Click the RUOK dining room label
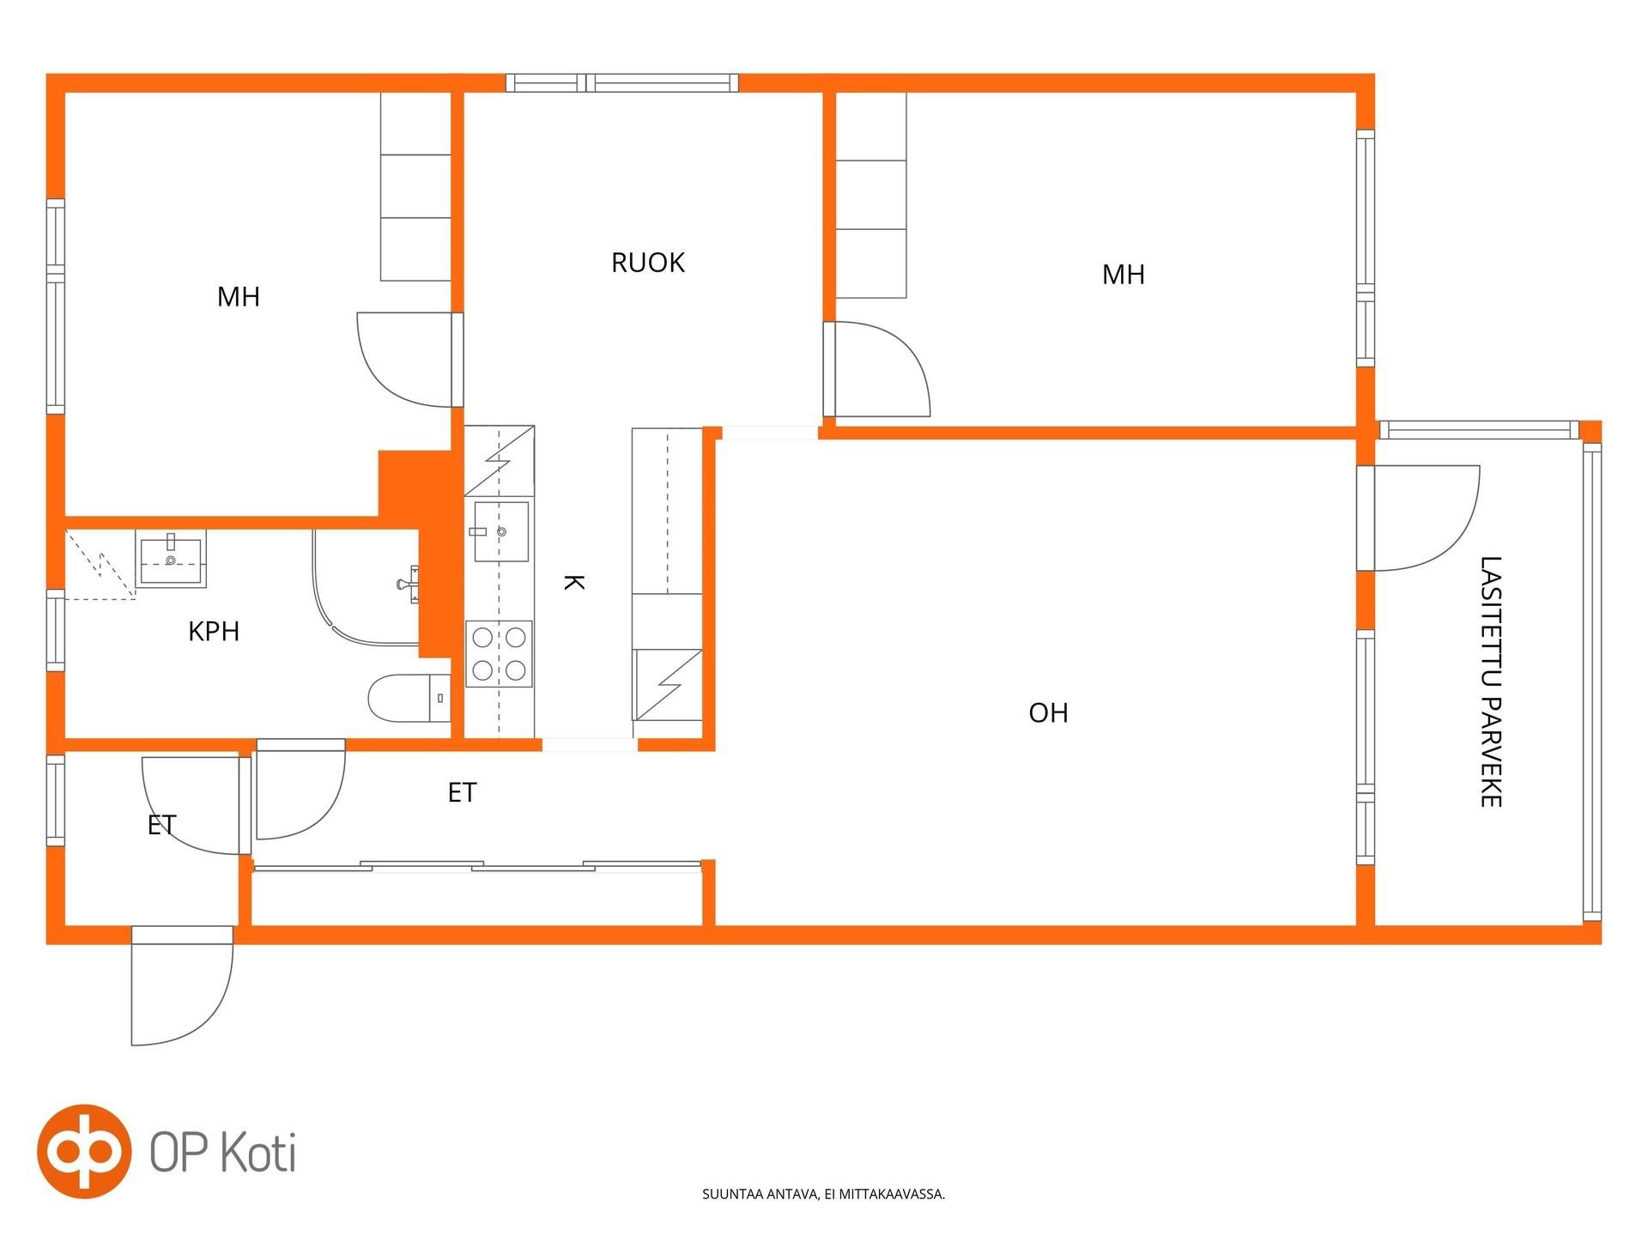[x=648, y=263]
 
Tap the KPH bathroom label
[x=214, y=632]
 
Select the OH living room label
[x=1048, y=713]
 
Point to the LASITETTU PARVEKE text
[x=1491, y=682]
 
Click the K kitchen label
[x=573, y=583]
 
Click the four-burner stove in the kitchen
[x=499, y=654]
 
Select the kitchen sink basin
[x=501, y=532]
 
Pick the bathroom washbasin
[x=171, y=559]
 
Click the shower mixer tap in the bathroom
[x=409, y=584]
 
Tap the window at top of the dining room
[x=622, y=83]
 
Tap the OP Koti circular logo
[x=84, y=1151]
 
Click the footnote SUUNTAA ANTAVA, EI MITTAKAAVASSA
[x=824, y=1194]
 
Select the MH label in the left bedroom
[x=239, y=297]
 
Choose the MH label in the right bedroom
[x=1124, y=275]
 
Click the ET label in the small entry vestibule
[x=161, y=825]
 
